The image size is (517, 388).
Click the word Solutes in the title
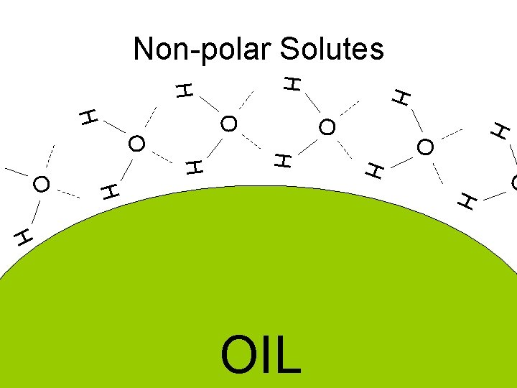point(332,49)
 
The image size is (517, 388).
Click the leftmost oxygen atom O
point(42,184)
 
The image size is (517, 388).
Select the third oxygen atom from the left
point(229,124)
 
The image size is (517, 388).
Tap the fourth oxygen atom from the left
point(327,128)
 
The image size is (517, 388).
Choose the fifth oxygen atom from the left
point(425,147)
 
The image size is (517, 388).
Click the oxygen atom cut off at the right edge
point(513,183)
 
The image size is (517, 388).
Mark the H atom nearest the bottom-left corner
point(23,236)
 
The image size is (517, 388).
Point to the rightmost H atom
point(501,131)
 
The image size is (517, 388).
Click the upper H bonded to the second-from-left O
point(88,117)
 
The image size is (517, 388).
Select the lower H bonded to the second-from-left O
point(109,192)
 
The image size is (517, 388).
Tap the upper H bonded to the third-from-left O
point(185,90)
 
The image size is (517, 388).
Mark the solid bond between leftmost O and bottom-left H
point(34,209)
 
